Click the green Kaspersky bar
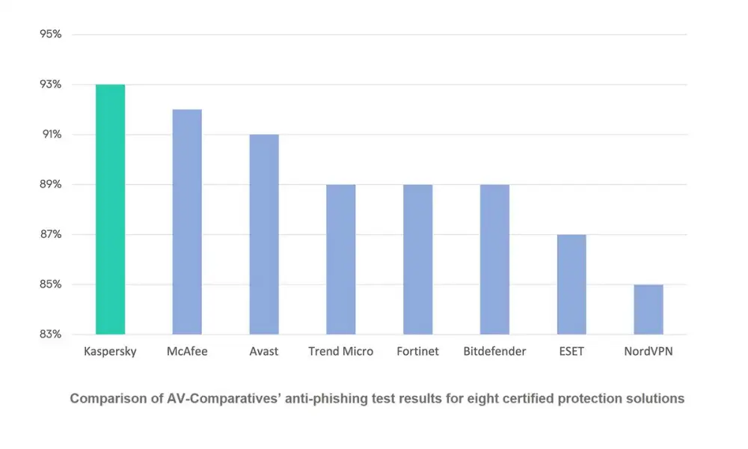(x=110, y=210)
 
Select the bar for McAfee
(x=187, y=222)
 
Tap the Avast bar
(x=264, y=234)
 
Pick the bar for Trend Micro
(x=341, y=259)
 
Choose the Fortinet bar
(x=418, y=259)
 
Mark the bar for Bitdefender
(x=494, y=259)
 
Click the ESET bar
(x=571, y=284)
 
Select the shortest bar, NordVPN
(x=649, y=309)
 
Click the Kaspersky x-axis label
(x=110, y=351)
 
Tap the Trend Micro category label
(x=341, y=351)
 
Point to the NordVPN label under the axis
(x=649, y=351)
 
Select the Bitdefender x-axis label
(x=494, y=351)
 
